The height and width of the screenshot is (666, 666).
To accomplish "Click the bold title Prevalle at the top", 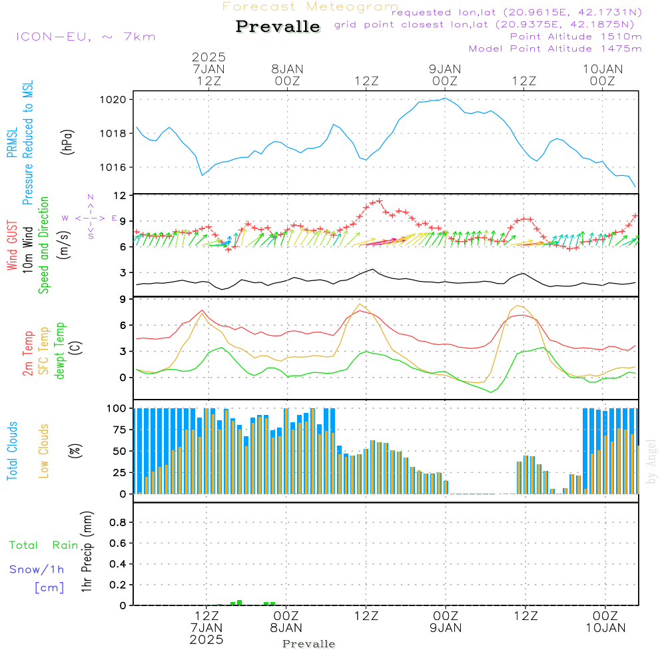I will pyautogui.click(x=278, y=27).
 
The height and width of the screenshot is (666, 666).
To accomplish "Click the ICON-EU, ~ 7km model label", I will pyautogui.click(x=85, y=37).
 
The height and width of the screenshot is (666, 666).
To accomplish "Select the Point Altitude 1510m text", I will pyautogui.click(x=575, y=37).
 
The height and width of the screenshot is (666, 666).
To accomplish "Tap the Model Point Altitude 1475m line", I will pyautogui.click(x=555, y=49).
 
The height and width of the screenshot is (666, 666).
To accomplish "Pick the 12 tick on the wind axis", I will pyautogui.click(x=121, y=196).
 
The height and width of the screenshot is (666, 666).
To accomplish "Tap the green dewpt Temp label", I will pyautogui.click(x=60, y=351).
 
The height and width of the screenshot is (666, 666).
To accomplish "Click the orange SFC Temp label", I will pyautogui.click(x=44, y=351).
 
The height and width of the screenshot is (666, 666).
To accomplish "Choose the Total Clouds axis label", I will pyautogui.click(x=12, y=451).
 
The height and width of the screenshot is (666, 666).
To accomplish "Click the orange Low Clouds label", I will pyautogui.click(x=44, y=451).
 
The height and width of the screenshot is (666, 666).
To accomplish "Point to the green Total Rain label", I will pyautogui.click(x=43, y=545).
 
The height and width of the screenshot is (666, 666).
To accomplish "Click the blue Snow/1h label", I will pyautogui.click(x=37, y=569).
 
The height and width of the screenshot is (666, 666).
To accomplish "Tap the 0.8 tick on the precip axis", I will pyautogui.click(x=118, y=523).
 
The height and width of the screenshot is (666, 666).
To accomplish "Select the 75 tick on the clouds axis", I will pyautogui.click(x=118, y=430).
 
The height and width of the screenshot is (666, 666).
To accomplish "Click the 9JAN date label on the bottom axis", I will pyautogui.click(x=446, y=627).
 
